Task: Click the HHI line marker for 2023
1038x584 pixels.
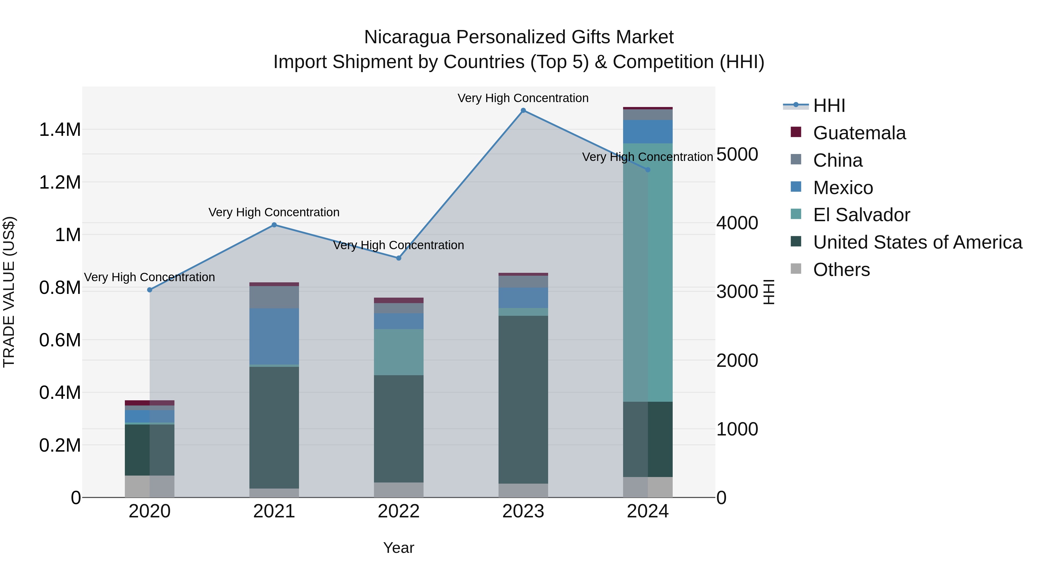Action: tap(523, 110)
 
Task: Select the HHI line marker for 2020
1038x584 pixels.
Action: tap(149, 290)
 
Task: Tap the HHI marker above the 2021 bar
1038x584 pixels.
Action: tap(274, 225)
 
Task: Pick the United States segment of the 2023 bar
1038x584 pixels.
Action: tap(523, 399)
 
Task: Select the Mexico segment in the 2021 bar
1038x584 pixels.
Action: tap(274, 337)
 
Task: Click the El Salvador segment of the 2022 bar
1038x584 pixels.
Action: tap(398, 352)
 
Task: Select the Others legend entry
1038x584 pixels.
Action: tap(841, 270)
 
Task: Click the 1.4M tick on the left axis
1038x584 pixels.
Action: tap(60, 130)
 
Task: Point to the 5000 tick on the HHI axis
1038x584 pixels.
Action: tap(737, 154)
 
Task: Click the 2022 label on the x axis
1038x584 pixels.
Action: tap(398, 511)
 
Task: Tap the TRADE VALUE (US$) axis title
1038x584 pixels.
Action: tap(9, 292)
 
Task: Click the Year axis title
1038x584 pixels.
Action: tap(398, 548)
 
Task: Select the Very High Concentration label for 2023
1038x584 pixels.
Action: tap(523, 98)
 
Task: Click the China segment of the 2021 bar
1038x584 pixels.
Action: tap(274, 297)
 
